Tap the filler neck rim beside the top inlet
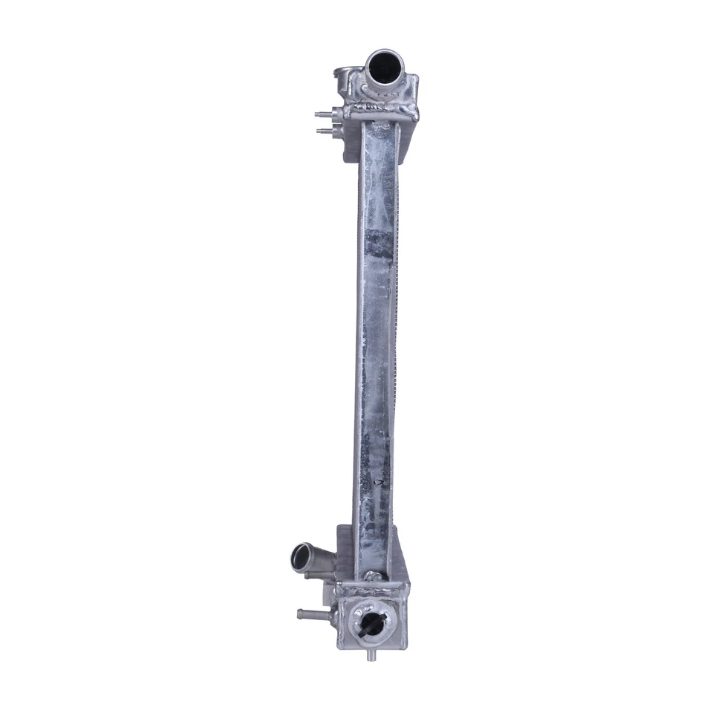click(x=344, y=74)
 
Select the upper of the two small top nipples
click(x=322, y=116)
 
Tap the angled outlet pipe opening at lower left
click(x=302, y=556)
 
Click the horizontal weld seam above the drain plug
click(x=369, y=592)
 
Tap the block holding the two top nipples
click(x=339, y=123)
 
